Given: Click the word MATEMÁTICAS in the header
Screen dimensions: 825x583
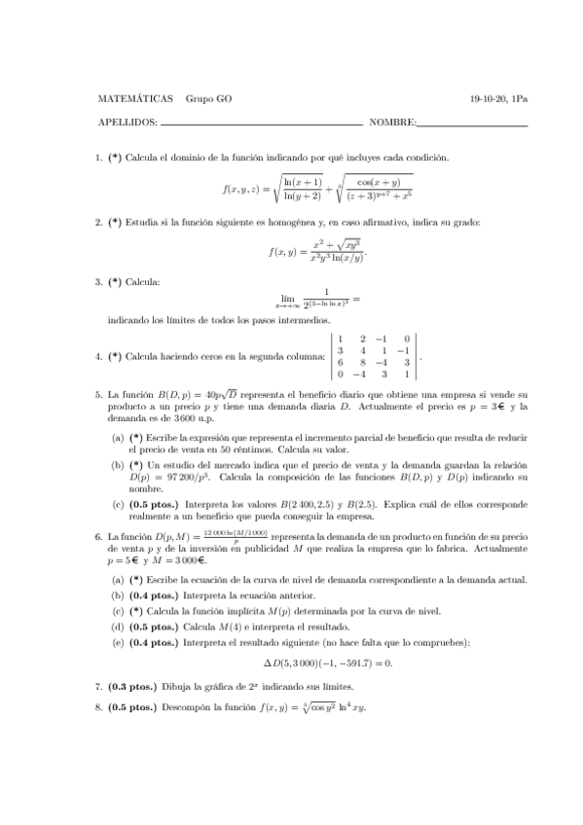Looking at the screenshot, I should point(136,99).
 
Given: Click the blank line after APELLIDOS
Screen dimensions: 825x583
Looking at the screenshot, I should point(261,125).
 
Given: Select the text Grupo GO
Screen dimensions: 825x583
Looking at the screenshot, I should point(208,99).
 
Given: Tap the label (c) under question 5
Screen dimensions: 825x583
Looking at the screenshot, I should point(118,504).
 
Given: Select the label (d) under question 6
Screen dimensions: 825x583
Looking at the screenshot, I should point(118,626).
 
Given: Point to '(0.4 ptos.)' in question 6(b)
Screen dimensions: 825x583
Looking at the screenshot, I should point(154,596).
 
